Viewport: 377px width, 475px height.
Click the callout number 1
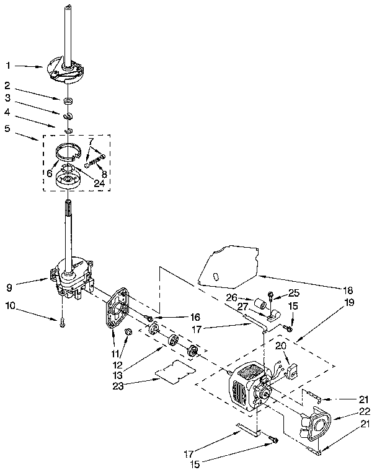(x=7, y=65)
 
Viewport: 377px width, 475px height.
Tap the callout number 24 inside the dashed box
(x=98, y=183)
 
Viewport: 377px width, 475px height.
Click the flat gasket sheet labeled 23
(x=174, y=370)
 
